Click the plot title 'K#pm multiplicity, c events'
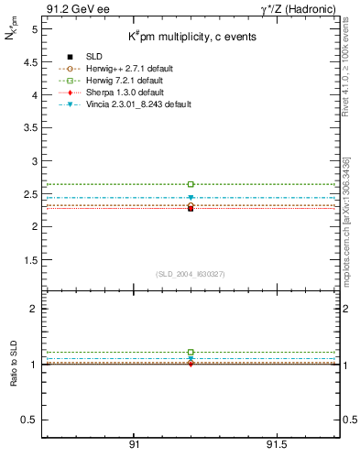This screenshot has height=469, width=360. point(192,37)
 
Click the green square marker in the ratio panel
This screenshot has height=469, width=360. point(191,352)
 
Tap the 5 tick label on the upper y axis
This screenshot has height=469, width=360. point(34,29)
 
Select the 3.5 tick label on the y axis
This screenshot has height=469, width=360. point(30,127)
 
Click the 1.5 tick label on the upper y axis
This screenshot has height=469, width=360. point(30,259)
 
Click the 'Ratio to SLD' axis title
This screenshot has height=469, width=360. point(14,377)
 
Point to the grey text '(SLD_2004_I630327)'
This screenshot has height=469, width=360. point(191,274)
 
